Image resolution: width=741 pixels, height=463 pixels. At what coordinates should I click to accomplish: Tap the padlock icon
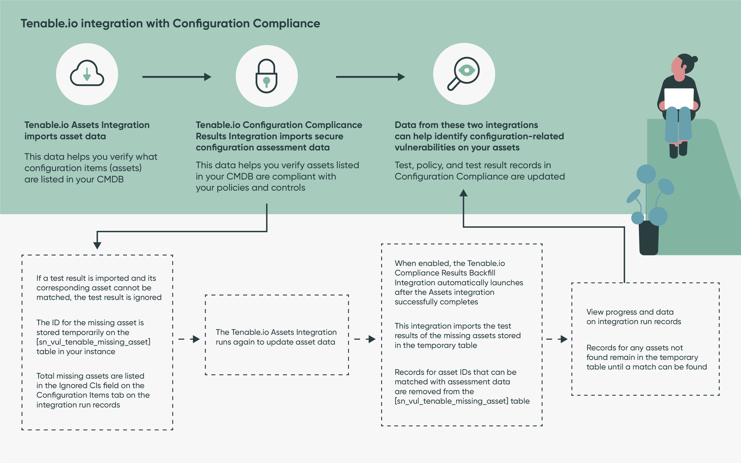click(x=266, y=76)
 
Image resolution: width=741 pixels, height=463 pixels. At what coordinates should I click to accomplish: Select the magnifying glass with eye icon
click(x=463, y=74)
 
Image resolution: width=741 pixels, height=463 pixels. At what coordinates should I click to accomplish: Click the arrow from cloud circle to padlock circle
click(x=177, y=77)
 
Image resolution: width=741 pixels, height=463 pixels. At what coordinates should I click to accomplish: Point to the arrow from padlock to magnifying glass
click(x=370, y=77)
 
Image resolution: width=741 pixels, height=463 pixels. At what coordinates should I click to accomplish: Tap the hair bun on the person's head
click(x=695, y=59)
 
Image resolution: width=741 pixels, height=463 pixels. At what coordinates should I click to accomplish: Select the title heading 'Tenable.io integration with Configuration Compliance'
click(x=170, y=24)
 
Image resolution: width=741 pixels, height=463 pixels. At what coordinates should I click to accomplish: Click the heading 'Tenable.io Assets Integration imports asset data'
click(x=87, y=130)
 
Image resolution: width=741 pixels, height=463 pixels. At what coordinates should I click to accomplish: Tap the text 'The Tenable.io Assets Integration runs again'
click(x=276, y=337)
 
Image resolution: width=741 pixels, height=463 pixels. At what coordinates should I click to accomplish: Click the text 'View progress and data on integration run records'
click(x=633, y=317)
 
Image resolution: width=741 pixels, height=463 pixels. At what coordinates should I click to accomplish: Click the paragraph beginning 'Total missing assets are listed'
click(x=93, y=390)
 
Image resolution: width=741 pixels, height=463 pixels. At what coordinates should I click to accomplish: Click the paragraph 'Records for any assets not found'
click(x=647, y=357)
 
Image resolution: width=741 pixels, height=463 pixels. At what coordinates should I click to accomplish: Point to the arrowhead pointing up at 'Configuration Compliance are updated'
click(x=463, y=193)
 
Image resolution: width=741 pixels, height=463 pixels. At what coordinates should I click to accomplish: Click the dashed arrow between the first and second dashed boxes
click(x=189, y=339)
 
